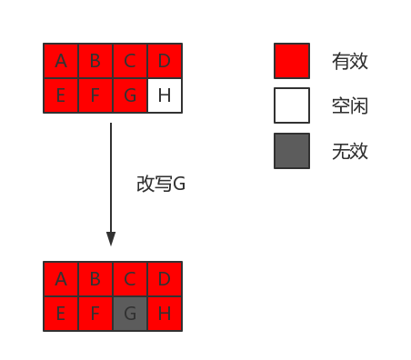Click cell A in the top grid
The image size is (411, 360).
61,61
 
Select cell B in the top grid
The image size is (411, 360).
95,61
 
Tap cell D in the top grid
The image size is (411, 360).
165,61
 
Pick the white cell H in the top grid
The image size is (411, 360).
165,95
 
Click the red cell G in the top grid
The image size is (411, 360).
130,95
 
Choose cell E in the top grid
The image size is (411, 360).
61,95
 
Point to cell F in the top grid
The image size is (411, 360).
95,95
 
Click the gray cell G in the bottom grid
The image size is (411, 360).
130,314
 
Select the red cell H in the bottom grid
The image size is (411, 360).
165,314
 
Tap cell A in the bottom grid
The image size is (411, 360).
61,279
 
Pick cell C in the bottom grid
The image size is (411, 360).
130,279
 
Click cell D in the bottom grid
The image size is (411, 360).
165,279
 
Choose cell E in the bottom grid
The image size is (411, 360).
61,314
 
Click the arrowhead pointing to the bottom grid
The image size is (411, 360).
111,239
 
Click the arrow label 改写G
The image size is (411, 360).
160,184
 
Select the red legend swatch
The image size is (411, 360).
292,61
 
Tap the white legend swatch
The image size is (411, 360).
292,105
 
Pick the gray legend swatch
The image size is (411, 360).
292,151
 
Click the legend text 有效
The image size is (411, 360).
350,62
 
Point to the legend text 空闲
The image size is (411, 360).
350,106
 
